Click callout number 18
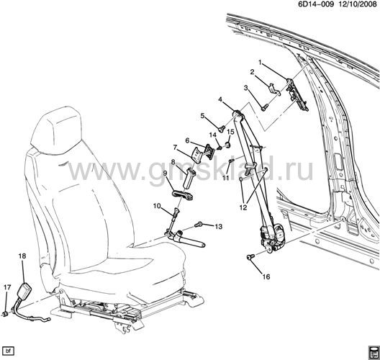coord(22,256)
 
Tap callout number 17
coord(7,287)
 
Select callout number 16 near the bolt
coord(266,276)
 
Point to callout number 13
coord(219,226)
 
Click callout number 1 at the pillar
coord(261,63)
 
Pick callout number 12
coord(243,207)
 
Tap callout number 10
coord(157,206)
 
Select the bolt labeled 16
coord(250,257)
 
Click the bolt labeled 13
coord(198,225)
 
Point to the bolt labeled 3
coord(264,107)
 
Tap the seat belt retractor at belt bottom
coord(272,238)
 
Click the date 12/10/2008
coord(357,4)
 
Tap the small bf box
coord(9,351)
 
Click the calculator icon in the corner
coord(374,353)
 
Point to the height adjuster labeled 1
coord(297,94)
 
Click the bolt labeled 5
coord(222,129)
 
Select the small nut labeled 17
coord(5,314)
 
